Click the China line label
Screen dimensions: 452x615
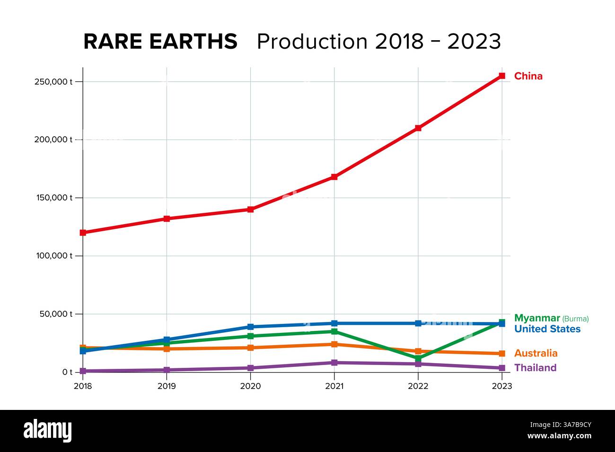528,76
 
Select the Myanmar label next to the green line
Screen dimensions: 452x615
537,318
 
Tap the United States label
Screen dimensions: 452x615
547,329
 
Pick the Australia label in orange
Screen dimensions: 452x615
536,353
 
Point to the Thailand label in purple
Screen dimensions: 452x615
535,368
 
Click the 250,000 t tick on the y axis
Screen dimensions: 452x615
53,81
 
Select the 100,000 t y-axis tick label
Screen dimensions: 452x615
53,256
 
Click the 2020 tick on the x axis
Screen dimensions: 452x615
250,386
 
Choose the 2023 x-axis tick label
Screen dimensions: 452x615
501,386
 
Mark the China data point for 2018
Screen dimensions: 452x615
83,233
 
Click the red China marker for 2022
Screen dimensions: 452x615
418,128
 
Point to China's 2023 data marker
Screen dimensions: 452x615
502,76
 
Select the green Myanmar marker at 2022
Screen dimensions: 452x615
418,358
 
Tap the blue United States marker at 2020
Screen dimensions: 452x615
251,327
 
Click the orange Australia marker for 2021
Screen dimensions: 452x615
334,344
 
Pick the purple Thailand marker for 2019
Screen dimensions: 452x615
167,370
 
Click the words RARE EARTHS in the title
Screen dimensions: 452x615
160,42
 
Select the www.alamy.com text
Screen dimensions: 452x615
559,436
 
